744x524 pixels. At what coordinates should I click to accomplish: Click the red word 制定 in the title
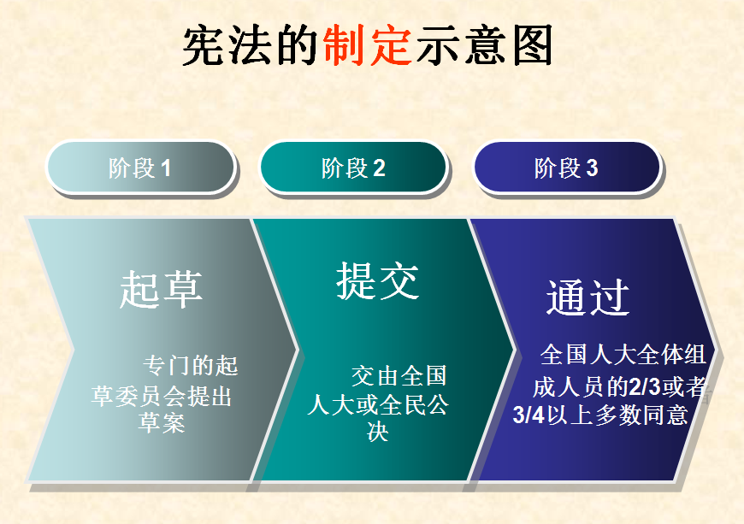pyautogui.click(x=367, y=45)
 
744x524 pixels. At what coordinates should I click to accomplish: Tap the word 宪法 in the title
pyautogui.click(x=227, y=45)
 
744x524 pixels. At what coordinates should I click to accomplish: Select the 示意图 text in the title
pyautogui.click(x=485, y=45)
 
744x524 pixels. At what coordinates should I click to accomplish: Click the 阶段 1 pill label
pyautogui.click(x=141, y=168)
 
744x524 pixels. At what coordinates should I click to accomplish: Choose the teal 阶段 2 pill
pyautogui.click(x=353, y=168)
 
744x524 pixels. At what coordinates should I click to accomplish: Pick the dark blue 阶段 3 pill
pyautogui.click(x=566, y=168)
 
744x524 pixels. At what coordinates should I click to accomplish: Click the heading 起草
pyautogui.click(x=161, y=289)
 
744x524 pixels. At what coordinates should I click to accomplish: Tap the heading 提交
pyautogui.click(x=378, y=280)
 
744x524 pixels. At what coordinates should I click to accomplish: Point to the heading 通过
pyautogui.click(x=588, y=297)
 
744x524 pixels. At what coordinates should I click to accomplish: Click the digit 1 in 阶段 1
pyautogui.click(x=166, y=168)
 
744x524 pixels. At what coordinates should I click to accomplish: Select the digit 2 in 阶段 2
pyautogui.click(x=379, y=168)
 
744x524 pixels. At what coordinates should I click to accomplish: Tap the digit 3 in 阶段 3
pyautogui.click(x=592, y=168)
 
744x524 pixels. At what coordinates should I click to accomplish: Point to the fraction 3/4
pyautogui.click(x=528, y=415)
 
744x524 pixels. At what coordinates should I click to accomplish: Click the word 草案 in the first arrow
pyautogui.click(x=162, y=422)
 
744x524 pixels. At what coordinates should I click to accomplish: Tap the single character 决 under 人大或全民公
pyautogui.click(x=378, y=432)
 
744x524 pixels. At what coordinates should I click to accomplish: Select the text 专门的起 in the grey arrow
pyautogui.click(x=190, y=366)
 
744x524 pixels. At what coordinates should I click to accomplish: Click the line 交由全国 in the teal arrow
pyautogui.click(x=399, y=376)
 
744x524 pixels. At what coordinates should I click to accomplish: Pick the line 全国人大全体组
pyautogui.click(x=623, y=355)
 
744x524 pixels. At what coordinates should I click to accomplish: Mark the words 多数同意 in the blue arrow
pyautogui.click(x=641, y=415)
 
